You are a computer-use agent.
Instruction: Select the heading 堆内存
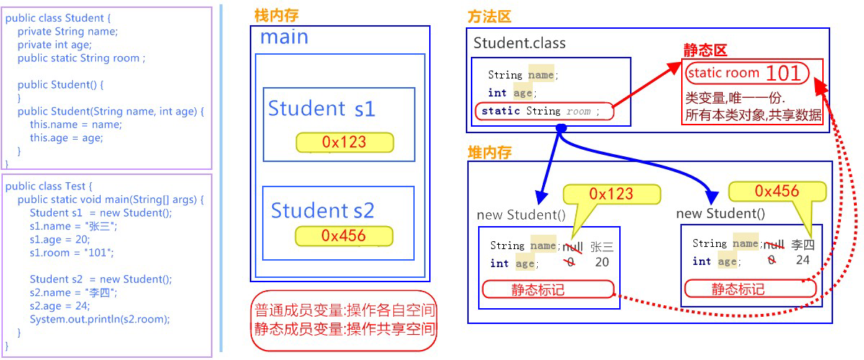click(490, 152)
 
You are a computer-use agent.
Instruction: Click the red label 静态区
click(705, 50)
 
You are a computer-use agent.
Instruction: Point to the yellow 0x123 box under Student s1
click(344, 143)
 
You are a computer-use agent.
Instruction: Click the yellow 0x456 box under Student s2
click(343, 235)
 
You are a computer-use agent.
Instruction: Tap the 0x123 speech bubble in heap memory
click(611, 194)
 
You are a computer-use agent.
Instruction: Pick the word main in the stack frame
click(284, 37)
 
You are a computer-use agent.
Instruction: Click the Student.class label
click(519, 42)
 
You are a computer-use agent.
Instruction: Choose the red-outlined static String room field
click(544, 112)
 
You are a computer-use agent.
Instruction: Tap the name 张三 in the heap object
click(601, 246)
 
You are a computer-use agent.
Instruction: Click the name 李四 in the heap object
click(803, 245)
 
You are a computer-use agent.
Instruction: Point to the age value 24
click(803, 261)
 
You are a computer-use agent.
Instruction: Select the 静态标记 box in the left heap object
click(547, 289)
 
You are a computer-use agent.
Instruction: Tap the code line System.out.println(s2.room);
click(100, 319)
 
